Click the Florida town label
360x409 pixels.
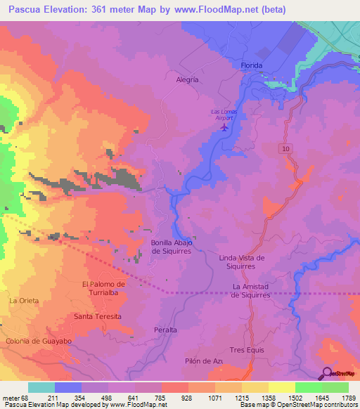tap(251, 65)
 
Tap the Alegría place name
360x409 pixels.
tap(187, 79)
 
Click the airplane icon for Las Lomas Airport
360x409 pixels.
tap(225, 127)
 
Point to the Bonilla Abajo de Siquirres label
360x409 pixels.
tap(172, 247)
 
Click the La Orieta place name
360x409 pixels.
tap(23, 300)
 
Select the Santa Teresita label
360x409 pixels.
tap(98, 316)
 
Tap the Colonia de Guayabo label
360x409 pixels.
tap(39, 341)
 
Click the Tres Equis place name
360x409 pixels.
tap(246, 349)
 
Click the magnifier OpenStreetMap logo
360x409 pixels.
tap(326, 372)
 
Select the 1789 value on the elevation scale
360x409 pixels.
tap(349, 398)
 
